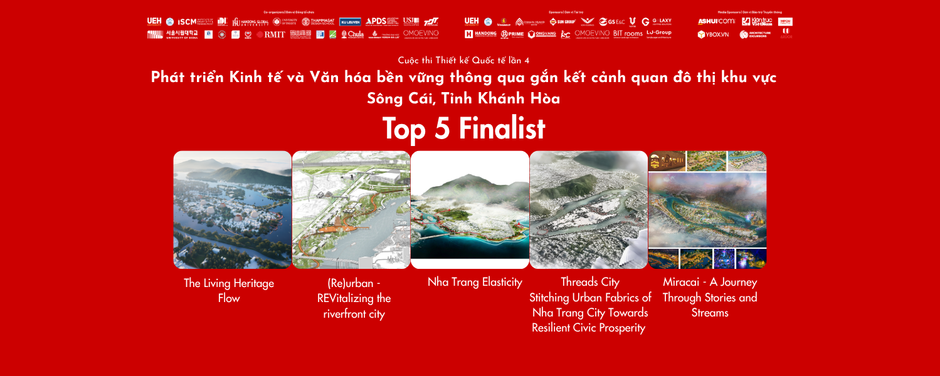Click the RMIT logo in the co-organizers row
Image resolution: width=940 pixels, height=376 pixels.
272,34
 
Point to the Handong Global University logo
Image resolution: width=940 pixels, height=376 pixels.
251,21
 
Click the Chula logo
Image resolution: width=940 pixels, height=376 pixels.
352,34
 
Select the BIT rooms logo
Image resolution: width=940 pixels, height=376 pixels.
628,33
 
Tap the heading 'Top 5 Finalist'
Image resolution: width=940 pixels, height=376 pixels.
464,128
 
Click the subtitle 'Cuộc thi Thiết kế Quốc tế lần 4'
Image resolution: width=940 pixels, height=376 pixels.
464,60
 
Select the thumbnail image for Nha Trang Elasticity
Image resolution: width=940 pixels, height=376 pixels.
470,210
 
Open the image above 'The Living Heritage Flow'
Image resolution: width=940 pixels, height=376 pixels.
232,210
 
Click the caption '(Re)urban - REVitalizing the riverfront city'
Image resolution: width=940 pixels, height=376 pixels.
354,298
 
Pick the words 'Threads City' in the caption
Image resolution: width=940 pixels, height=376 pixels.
589,283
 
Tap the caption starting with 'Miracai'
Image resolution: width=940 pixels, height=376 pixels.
710,297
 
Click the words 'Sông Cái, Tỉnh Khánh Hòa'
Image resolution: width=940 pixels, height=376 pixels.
463,98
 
